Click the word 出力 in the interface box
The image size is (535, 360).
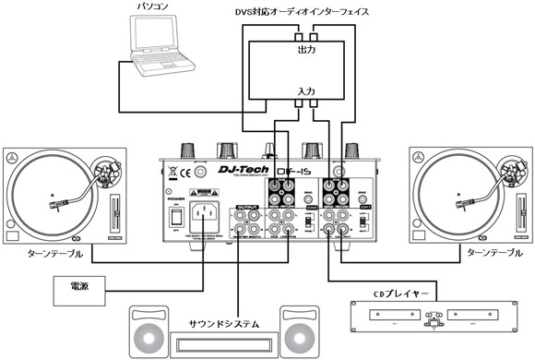pyautogui.click(x=306, y=50)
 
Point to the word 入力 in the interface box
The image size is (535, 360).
pyautogui.click(x=306, y=92)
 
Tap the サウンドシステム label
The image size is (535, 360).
pyautogui.click(x=222, y=323)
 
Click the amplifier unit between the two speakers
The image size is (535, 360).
pyautogui.click(x=223, y=345)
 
